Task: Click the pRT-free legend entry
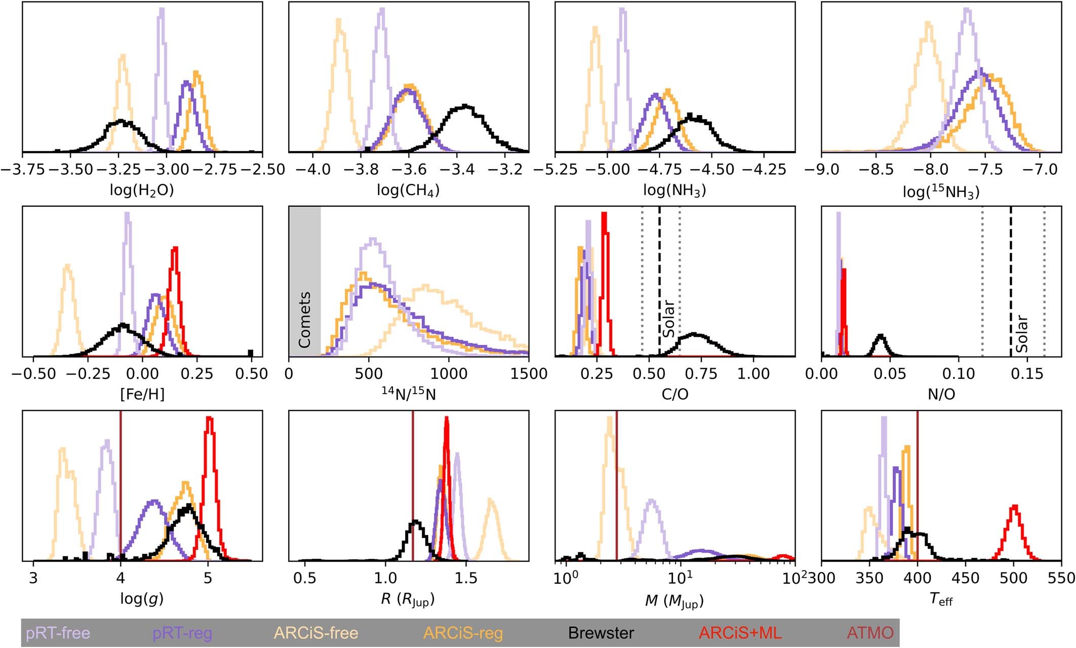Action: (58, 633)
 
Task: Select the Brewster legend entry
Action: (601, 633)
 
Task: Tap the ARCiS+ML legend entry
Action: (740, 633)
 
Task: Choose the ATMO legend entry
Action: (870, 633)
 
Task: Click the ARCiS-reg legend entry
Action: (463, 633)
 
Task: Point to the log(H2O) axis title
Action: (142, 190)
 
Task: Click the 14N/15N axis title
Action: (408, 394)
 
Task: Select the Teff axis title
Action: (941, 599)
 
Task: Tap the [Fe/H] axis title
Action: (142, 394)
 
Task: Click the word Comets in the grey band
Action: (304, 320)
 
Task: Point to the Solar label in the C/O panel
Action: (669, 318)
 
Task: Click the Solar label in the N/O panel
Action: (1021, 333)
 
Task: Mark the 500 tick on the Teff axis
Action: (1013, 578)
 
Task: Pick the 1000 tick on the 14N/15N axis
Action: (448, 374)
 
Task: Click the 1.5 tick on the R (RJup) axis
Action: (466, 578)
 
